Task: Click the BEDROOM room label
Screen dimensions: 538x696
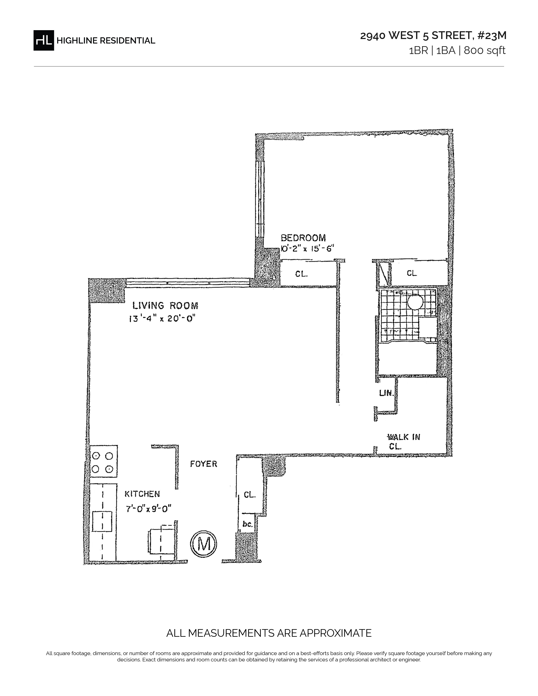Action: pos(303,238)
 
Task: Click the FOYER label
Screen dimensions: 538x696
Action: pos(204,464)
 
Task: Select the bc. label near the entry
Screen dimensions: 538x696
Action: pos(247,523)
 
